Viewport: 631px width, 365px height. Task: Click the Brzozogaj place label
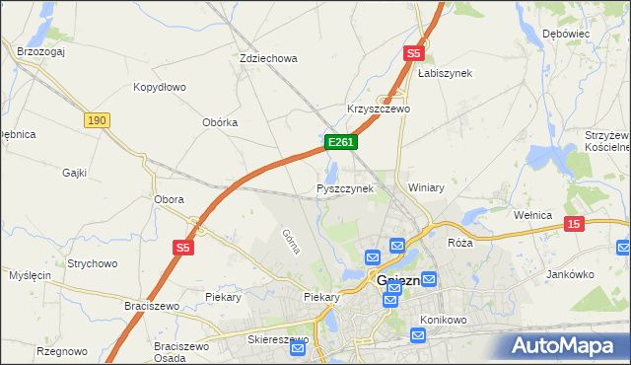coord(39,51)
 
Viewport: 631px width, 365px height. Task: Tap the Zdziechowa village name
coord(268,58)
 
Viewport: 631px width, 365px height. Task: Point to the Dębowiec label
coord(566,34)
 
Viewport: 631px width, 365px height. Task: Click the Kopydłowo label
coord(160,87)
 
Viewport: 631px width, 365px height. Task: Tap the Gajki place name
coord(74,173)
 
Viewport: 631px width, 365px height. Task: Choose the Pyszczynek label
coord(345,188)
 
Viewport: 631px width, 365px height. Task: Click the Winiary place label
coord(427,187)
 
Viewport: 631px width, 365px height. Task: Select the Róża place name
coord(460,243)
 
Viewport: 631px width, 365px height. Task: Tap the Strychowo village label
coord(93,264)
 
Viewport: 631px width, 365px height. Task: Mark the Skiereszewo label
coord(277,339)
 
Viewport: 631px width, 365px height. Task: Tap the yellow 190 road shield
coord(97,119)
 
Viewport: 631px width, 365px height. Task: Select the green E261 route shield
coord(340,143)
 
